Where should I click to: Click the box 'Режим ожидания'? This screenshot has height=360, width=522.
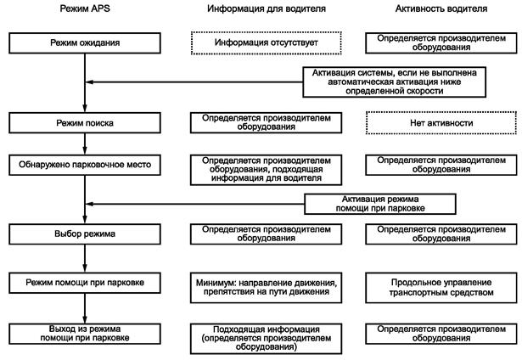click(85, 41)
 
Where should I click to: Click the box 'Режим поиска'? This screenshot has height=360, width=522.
click(85, 123)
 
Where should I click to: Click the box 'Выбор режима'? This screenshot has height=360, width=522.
click(85, 231)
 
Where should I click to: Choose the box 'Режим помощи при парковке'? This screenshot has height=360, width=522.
click(85, 279)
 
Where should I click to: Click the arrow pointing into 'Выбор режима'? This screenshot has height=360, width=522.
click(85, 217)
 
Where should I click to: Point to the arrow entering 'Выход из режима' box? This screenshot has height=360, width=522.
click(85, 316)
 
